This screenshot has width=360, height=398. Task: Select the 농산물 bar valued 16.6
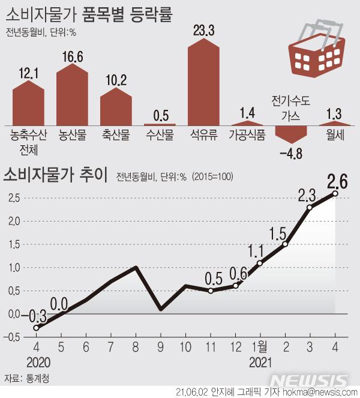[72, 96]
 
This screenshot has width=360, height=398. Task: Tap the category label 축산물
[116, 136]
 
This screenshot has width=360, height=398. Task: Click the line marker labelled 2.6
[335, 193]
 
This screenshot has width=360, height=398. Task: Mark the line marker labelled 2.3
[310, 207]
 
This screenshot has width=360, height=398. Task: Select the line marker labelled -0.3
[36, 328]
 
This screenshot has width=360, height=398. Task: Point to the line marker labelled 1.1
[260, 263]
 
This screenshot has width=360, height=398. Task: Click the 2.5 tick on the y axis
[14, 197]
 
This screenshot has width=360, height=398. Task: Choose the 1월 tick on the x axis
[260, 348]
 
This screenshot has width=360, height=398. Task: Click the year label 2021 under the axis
[260, 363]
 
